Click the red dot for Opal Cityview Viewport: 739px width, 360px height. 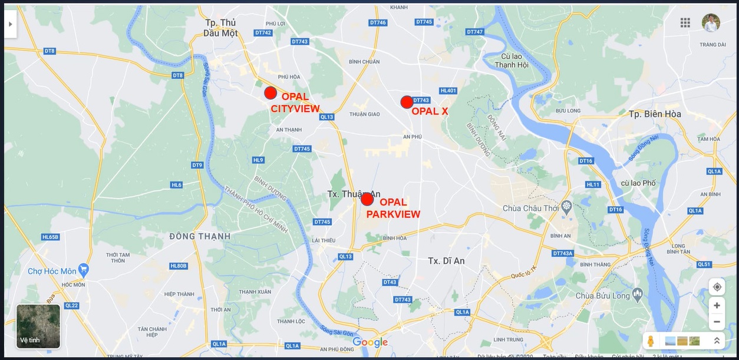270,93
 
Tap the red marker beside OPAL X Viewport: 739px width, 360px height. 407,102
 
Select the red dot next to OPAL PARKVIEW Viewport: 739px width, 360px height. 367,199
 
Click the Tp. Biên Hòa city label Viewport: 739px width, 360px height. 654,114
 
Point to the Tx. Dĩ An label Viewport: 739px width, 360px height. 446,260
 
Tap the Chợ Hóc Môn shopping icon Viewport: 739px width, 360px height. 83,270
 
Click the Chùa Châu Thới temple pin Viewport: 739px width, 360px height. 567,206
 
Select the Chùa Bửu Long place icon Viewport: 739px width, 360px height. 637,293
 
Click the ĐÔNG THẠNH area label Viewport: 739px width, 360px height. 200,236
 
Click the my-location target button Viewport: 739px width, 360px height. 717,287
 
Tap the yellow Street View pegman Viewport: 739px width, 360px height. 651,341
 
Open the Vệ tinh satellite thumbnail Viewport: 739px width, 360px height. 38,326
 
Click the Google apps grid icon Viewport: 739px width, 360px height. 685,22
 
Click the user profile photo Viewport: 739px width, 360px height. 711,22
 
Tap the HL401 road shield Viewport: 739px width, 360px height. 448,90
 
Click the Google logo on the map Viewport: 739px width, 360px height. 370,342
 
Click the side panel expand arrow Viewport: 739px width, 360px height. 10,24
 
